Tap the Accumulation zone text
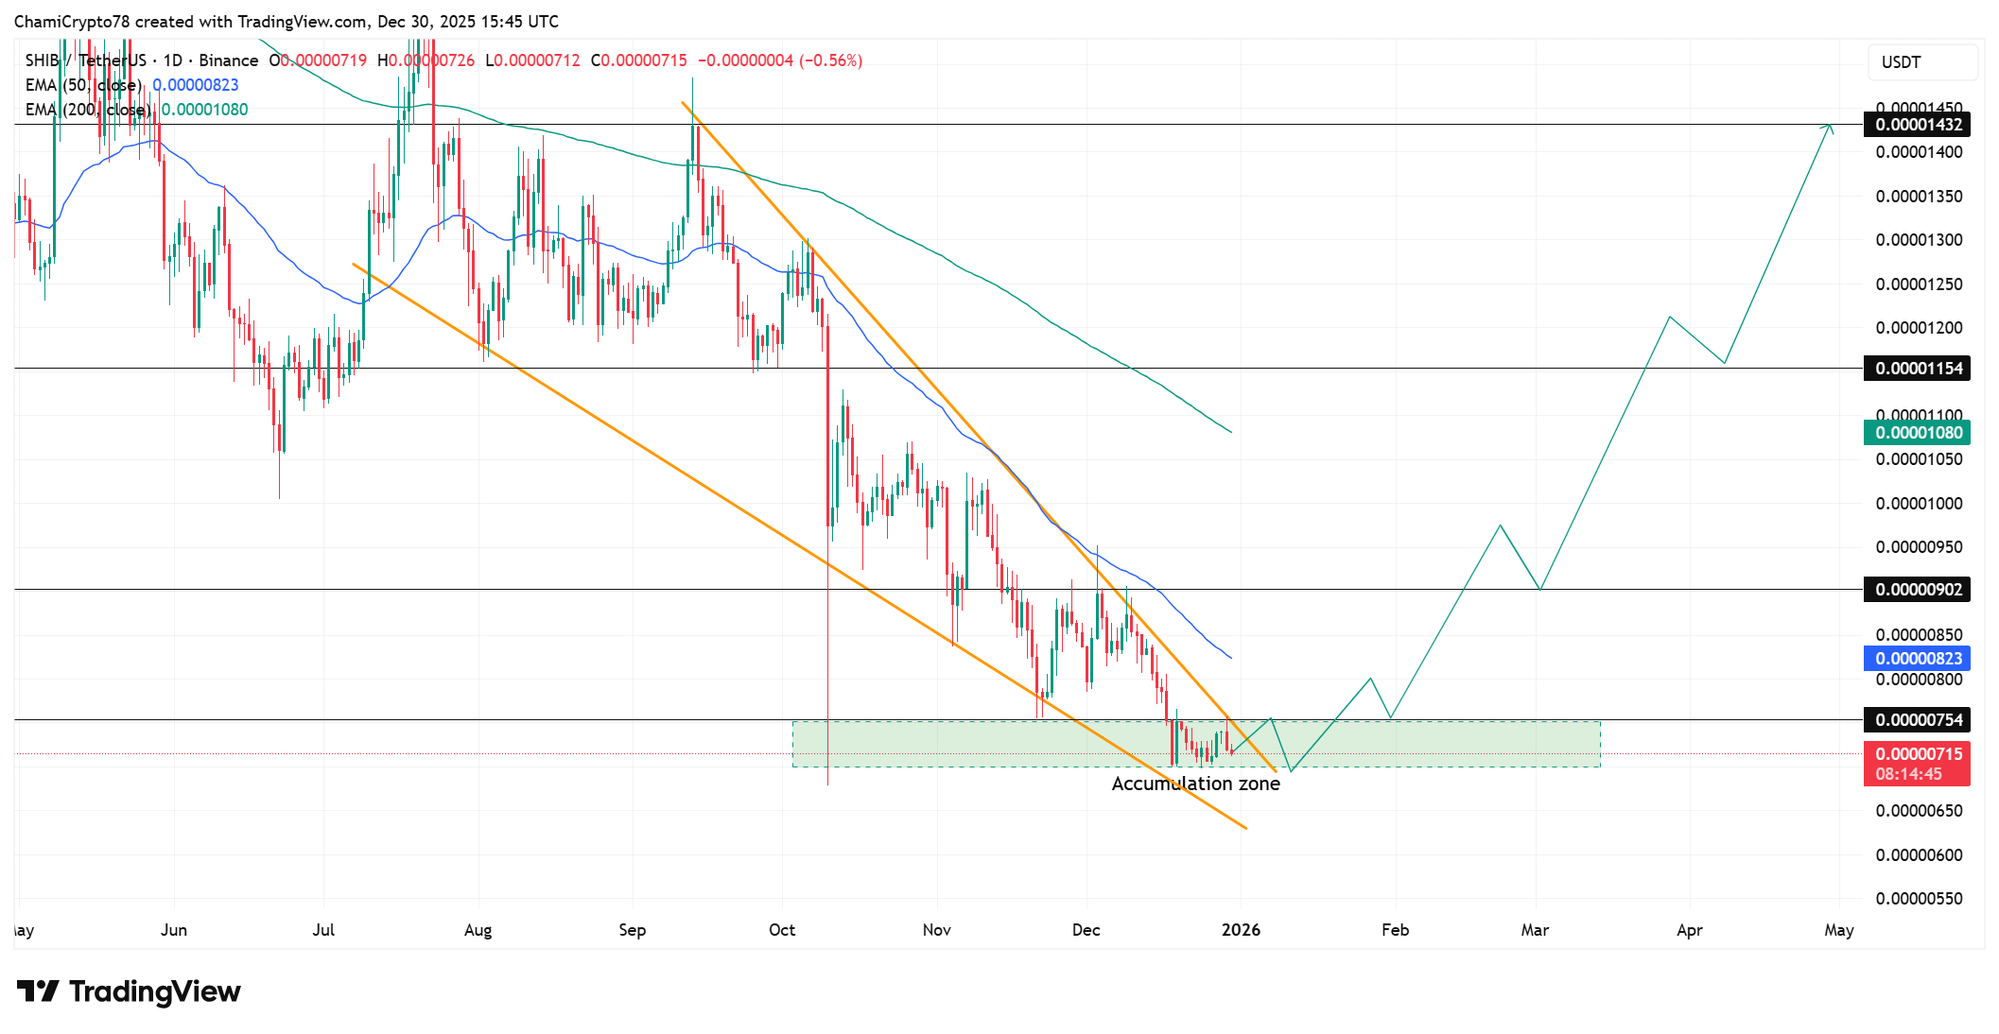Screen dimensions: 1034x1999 click(x=1195, y=784)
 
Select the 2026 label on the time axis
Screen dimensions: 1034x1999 click(x=1241, y=930)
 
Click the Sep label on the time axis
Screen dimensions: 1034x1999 click(x=633, y=930)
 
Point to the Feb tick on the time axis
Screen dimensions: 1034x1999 click(x=1395, y=930)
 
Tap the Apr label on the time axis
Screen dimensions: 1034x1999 click(x=1690, y=930)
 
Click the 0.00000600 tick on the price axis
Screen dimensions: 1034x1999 click(x=1919, y=855)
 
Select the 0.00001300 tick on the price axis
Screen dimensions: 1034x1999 click(x=1919, y=240)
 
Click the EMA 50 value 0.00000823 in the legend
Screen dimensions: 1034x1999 click(x=196, y=85)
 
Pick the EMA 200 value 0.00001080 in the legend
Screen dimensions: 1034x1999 click(x=205, y=110)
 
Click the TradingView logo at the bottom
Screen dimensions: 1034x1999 click(x=130, y=991)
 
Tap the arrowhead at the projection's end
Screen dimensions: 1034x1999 click(x=1831, y=127)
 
